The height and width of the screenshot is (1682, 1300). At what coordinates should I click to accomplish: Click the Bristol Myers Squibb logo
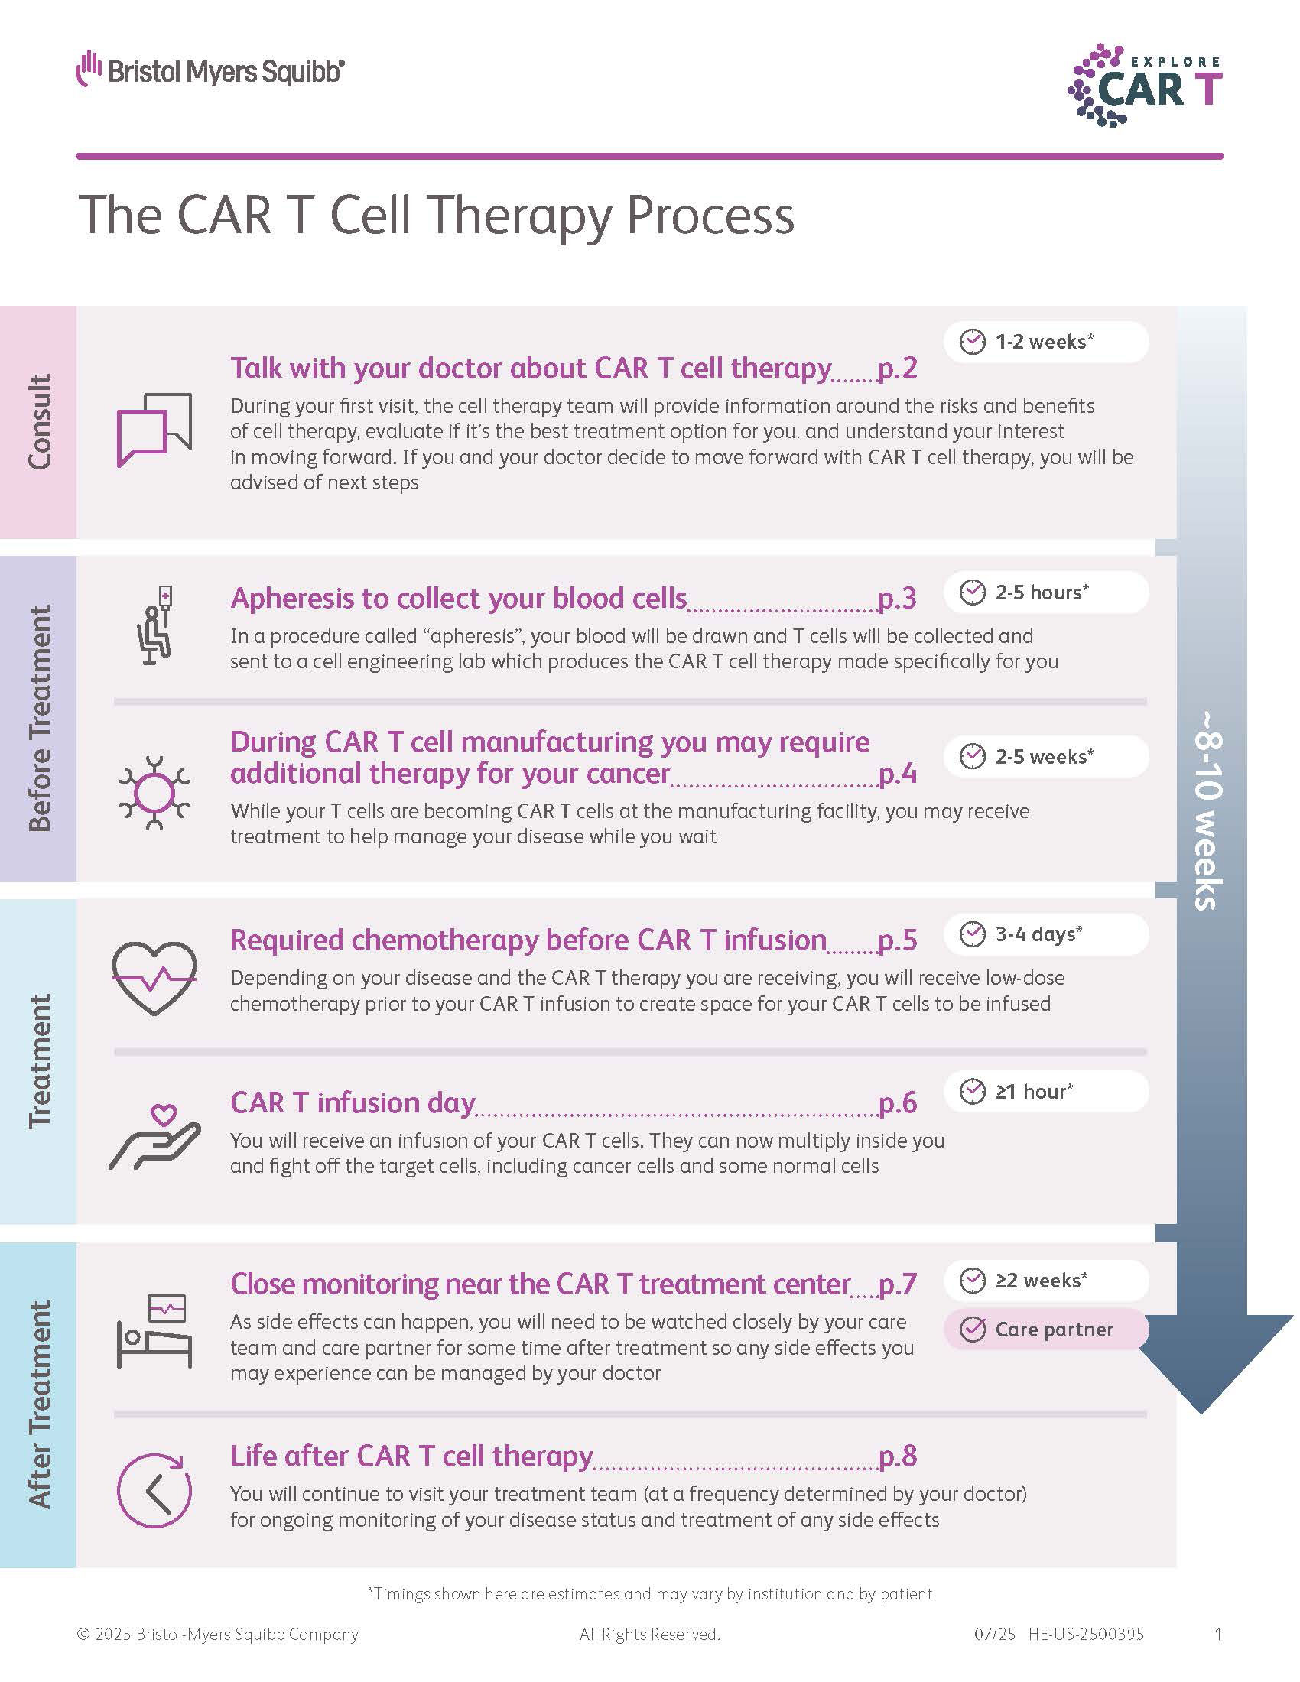(210, 70)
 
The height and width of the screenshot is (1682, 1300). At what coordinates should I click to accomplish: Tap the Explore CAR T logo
(1145, 86)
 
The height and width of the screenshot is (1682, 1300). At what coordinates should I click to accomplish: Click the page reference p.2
(897, 369)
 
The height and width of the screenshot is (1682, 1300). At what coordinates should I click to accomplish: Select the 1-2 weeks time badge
(1046, 341)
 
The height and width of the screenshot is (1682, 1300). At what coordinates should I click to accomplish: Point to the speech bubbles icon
(154, 430)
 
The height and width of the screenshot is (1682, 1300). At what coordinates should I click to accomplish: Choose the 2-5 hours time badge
(1046, 592)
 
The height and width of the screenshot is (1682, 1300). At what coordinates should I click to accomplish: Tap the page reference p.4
(897, 773)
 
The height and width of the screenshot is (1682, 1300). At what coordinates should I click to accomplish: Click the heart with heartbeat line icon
(154, 979)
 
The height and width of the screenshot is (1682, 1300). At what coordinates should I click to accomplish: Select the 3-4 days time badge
(1046, 934)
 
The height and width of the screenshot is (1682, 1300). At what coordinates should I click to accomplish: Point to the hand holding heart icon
(154, 1138)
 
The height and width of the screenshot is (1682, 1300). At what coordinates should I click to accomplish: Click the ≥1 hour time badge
(1046, 1091)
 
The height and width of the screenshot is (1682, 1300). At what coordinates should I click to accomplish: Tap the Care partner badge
(1046, 1330)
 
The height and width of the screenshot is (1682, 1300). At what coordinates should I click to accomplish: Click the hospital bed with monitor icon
(154, 1332)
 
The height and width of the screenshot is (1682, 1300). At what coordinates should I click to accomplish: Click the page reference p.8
(897, 1456)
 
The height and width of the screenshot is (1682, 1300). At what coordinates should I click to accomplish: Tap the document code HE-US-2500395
(1086, 1635)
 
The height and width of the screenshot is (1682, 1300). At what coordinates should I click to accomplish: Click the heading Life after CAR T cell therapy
(412, 1456)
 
